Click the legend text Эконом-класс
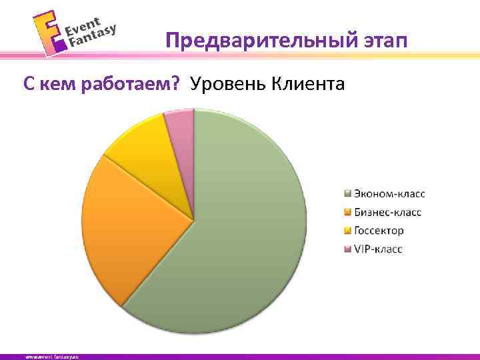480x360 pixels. click(x=389, y=194)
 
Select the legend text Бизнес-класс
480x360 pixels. click(x=387, y=213)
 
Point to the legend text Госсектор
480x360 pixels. click(x=379, y=231)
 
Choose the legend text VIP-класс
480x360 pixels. click(x=378, y=249)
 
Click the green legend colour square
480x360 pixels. click(x=347, y=195)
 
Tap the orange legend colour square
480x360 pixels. click(x=347, y=213)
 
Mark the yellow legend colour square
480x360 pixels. click(x=347, y=231)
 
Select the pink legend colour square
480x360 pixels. click(x=347, y=249)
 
